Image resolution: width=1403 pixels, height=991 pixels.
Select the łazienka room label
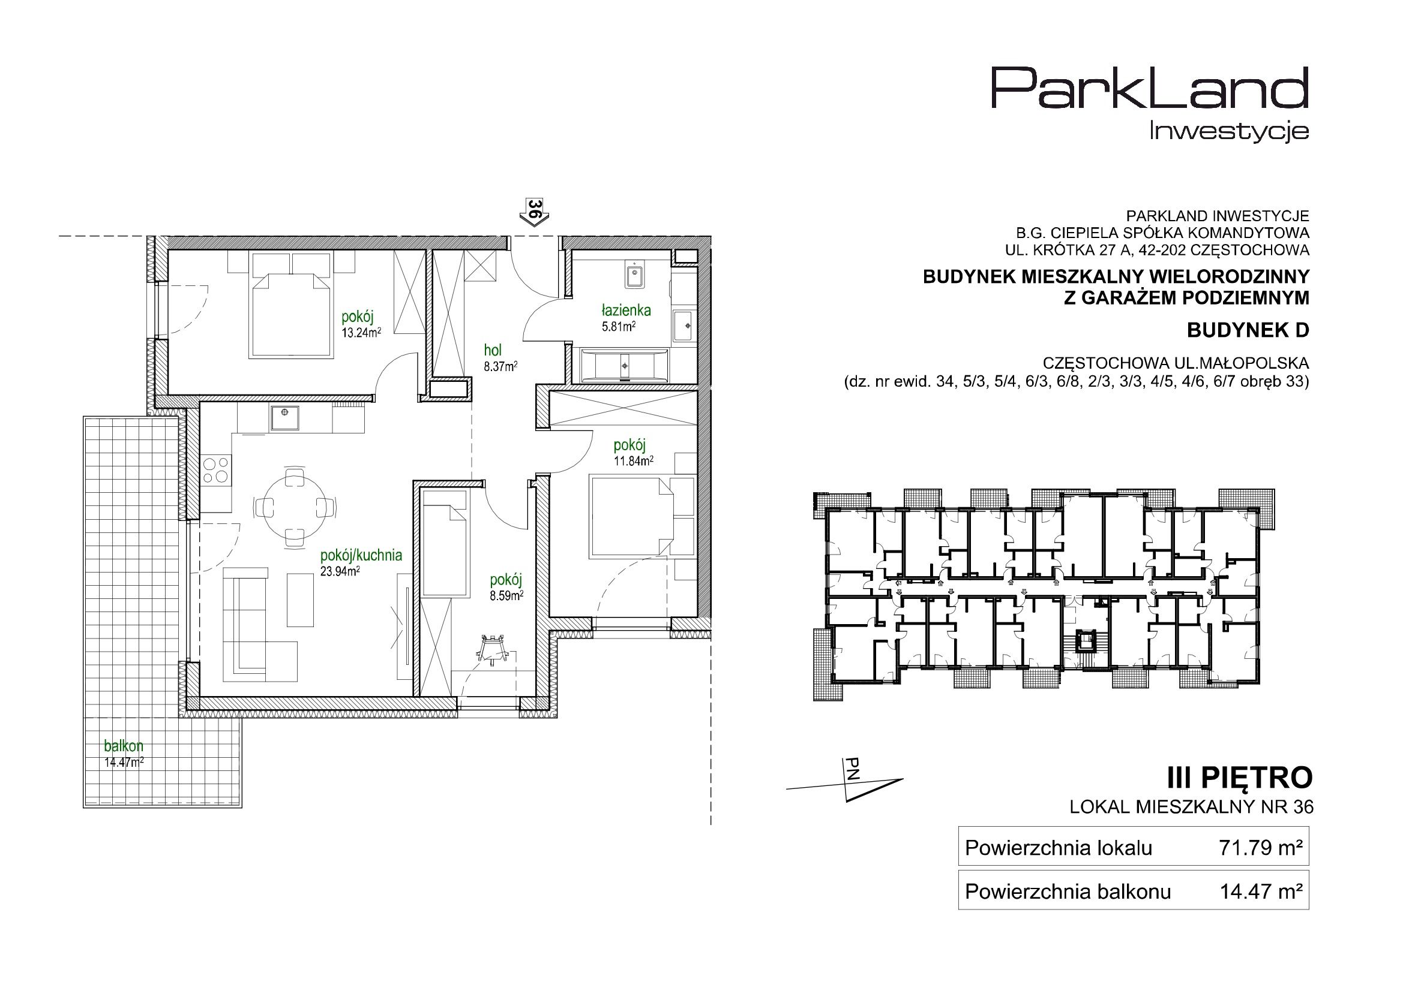626,310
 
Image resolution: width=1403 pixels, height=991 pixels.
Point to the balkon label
124,746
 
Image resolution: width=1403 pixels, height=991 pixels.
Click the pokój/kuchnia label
361,556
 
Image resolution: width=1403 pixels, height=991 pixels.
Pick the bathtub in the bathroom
624,366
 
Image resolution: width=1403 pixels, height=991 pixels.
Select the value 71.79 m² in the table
1261,848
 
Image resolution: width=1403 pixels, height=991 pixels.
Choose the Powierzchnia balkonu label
1068,892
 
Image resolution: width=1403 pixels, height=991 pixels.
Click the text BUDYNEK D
1248,330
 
